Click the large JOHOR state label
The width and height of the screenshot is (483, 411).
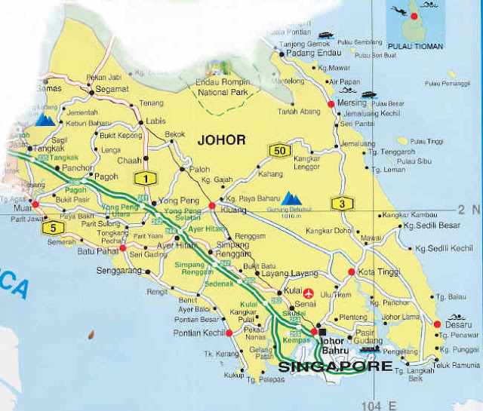221,140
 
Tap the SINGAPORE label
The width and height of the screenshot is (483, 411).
336,367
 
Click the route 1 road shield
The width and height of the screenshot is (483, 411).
143,179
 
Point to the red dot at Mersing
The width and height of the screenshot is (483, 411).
330,104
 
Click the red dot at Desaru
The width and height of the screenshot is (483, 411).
437,325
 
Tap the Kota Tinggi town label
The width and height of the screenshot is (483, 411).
377,271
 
